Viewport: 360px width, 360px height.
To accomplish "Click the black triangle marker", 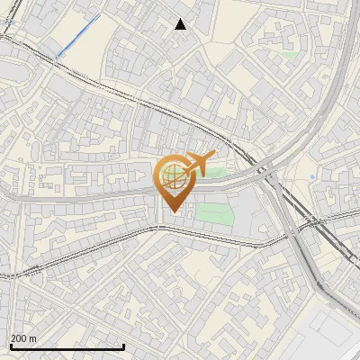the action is coord(181,24).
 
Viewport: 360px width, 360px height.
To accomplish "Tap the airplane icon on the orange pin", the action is coord(199,164).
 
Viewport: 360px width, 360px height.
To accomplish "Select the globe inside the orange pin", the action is coord(172,177).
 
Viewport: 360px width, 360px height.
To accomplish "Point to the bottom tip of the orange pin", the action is coord(172,212).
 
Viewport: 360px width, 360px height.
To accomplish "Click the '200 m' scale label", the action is coord(23,338).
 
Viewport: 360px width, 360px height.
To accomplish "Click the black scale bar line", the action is coord(67,346).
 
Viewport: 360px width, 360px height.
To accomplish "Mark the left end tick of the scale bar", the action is coord(12,346).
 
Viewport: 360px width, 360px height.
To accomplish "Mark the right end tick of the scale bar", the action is coord(123,346).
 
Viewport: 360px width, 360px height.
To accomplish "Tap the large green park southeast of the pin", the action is coord(214,213).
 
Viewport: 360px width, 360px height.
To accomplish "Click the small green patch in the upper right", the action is coord(289,54).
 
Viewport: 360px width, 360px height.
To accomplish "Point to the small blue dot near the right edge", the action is coord(312,177).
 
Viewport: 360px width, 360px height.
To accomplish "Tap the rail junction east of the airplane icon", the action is coord(267,168).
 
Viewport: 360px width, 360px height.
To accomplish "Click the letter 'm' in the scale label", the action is coord(33,338).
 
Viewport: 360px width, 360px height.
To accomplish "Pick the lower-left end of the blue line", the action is coord(57,58).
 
